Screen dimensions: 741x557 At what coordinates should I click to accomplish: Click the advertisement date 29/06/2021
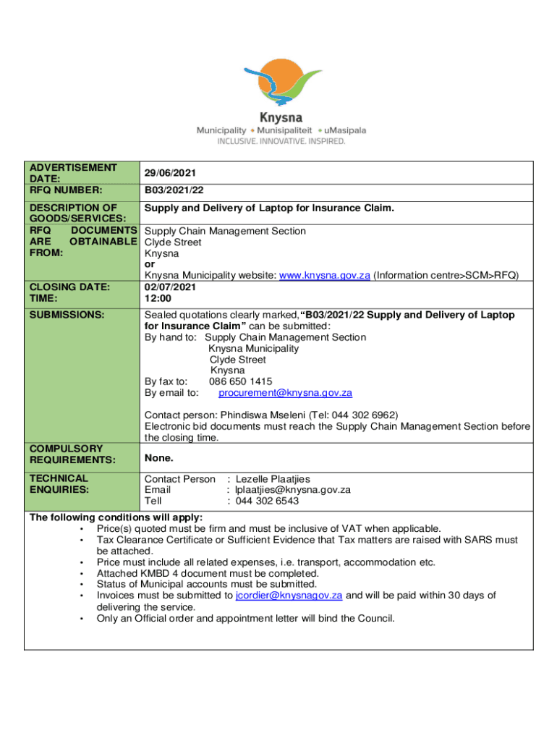[x=169, y=174]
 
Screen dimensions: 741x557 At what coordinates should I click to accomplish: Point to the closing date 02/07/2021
[x=170, y=287]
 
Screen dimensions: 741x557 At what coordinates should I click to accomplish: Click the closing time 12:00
[x=158, y=298]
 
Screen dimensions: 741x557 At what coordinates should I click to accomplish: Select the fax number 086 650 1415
[x=241, y=381]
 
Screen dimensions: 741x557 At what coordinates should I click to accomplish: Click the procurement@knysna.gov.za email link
[x=285, y=393]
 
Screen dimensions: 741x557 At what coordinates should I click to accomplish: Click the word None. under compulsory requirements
[x=158, y=458]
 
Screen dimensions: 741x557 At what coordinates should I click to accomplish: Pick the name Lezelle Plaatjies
[x=272, y=479]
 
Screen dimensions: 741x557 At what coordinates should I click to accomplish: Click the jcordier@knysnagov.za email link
[x=289, y=596]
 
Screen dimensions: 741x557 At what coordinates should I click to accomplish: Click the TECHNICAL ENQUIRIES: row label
[x=59, y=484]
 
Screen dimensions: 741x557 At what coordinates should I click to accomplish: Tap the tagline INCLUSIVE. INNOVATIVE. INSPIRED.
[x=281, y=142]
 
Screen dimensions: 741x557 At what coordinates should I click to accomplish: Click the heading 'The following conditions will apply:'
[x=116, y=517]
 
